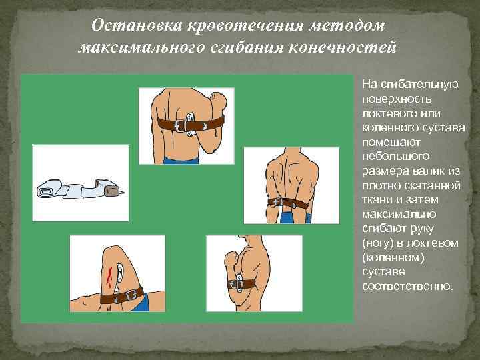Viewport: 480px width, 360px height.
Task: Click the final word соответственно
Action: tap(407, 287)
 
